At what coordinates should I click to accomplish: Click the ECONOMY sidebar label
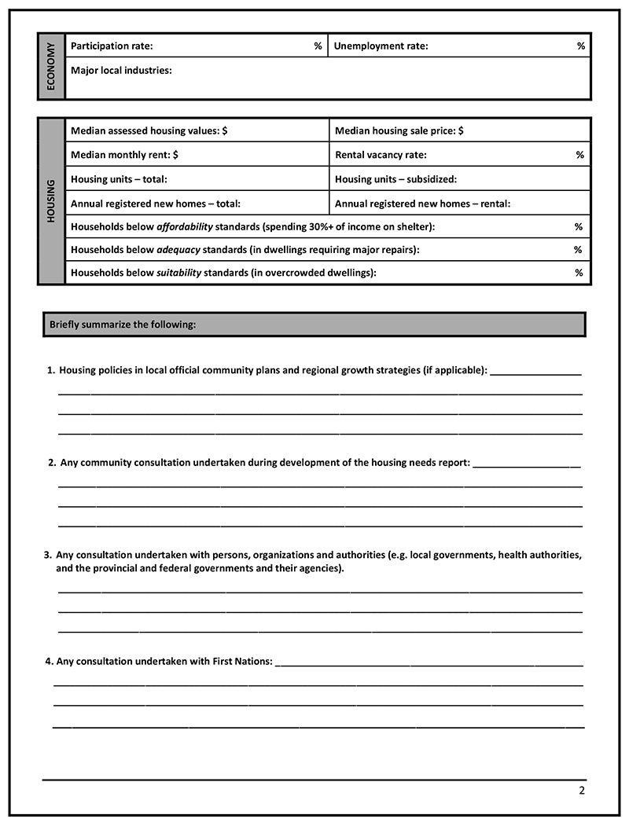coord(51,67)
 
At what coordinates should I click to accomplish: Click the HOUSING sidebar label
coord(51,201)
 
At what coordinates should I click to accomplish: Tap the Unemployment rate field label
coord(381,46)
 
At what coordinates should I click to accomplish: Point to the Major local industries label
coord(121,71)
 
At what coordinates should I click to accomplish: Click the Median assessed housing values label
coord(149,131)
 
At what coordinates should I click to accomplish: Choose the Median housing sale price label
coord(399,131)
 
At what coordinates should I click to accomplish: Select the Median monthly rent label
coord(124,155)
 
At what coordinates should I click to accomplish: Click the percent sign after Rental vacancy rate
coord(579,155)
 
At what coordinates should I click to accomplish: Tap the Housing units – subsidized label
coord(395,179)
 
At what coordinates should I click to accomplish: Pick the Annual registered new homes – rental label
coord(422,204)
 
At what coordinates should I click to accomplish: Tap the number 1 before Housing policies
coord(50,370)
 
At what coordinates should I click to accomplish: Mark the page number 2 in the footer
coord(582,791)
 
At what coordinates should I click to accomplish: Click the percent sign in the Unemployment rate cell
coord(581,46)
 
